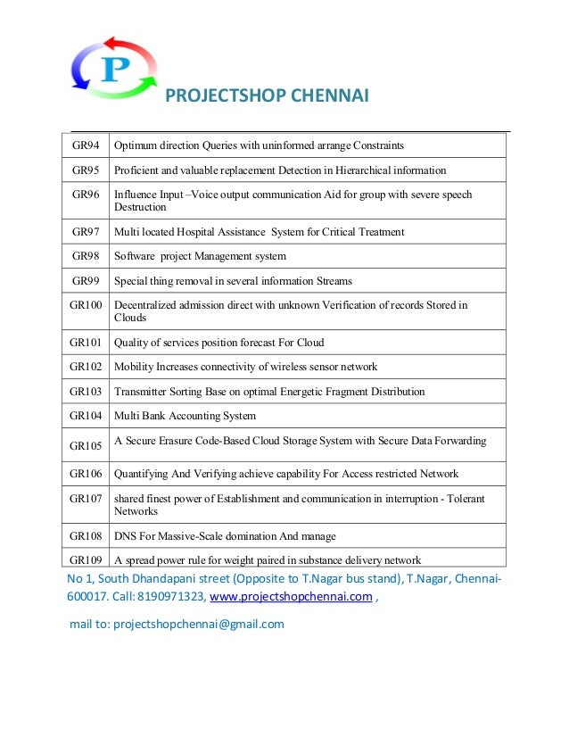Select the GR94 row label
pos(86,145)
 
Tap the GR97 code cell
pos(86,231)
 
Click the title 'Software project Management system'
pos(200,256)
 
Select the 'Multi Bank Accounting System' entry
pos(185,416)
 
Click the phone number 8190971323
pos(175,598)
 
